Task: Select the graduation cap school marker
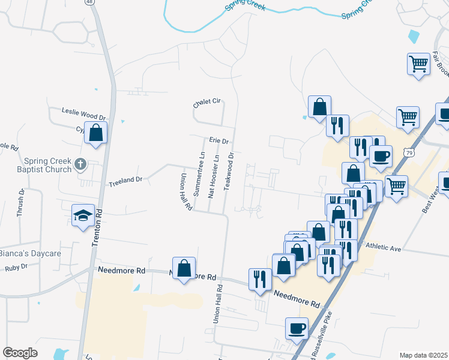pyautogui.click(x=83, y=215)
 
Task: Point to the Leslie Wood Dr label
pyautogui.click(x=83, y=111)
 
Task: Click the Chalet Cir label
pyautogui.click(x=206, y=102)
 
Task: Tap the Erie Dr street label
pyautogui.click(x=219, y=140)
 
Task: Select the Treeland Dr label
pyautogui.click(x=125, y=179)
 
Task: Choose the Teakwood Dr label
pyautogui.click(x=228, y=170)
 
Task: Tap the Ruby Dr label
pyautogui.click(x=16, y=267)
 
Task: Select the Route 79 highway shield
pyautogui.click(x=409, y=152)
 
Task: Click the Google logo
pyautogui.click(x=20, y=353)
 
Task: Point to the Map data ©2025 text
pyautogui.click(x=423, y=355)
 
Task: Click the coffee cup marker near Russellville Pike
pyautogui.click(x=297, y=328)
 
